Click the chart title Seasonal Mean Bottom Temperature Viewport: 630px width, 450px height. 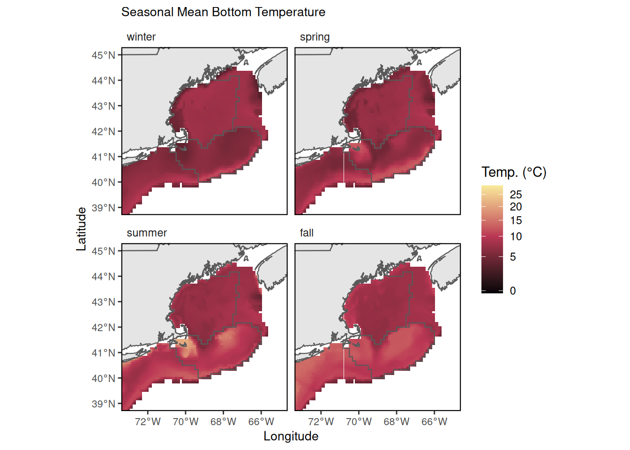click(223, 12)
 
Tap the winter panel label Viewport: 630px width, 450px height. click(141, 37)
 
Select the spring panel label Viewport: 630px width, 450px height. click(315, 37)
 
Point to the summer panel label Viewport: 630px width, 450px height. click(147, 233)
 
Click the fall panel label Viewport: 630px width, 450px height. click(307, 233)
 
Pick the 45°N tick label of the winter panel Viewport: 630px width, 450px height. click(104, 55)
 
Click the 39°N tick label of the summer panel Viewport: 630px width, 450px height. click(104, 404)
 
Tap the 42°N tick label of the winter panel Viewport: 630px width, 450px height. click(104, 132)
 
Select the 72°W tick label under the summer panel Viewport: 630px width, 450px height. click(148, 422)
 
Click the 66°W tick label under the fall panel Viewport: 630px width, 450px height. click(434, 422)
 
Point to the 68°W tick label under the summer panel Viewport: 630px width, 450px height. click(223, 422)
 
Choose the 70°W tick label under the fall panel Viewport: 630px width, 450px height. click(359, 422)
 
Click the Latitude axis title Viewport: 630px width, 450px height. click(82, 229)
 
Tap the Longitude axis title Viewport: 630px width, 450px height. click(291, 436)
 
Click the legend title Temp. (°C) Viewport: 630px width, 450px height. click(514, 172)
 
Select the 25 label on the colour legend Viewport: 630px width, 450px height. click(516, 195)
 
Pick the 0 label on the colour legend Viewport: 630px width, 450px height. click(513, 291)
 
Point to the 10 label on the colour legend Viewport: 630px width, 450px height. click(516, 237)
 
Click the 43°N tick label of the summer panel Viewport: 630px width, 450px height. click(104, 302)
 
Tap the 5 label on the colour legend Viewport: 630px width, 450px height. click(513, 257)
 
